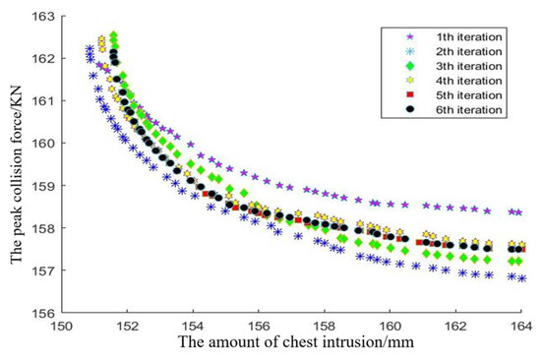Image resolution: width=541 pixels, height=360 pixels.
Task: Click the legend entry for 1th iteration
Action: pyautogui.click(x=463, y=35)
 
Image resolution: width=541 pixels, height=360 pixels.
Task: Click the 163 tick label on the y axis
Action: pyautogui.click(x=44, y=16)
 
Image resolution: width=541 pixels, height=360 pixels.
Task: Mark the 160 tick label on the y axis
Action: pyautogui.click(x=44, y=143)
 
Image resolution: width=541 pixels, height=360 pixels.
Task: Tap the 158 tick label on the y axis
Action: pyautogui.click(x=44, y=227)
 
